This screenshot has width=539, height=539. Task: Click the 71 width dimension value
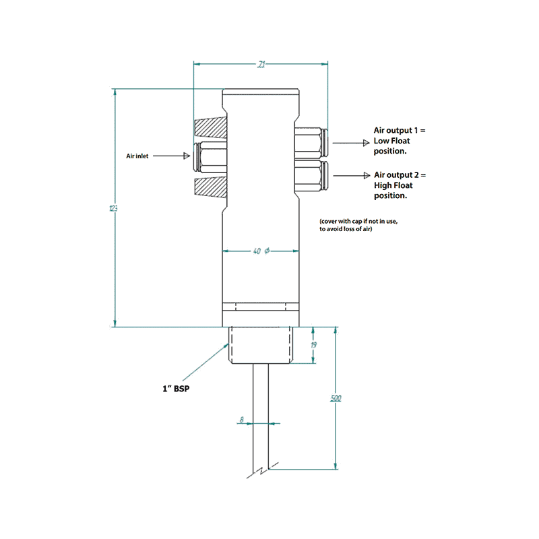pyautogui.click(x=261, y=65)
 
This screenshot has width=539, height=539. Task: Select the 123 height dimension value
pyautogui.click(x=113, y=209)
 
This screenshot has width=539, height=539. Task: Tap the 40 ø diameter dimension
pyautogui.click(x=261, y=251)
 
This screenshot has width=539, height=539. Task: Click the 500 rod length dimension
pyautogui.click(x=335, y=398)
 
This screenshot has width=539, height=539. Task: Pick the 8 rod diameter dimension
pyautogui.click(x=241, y=420)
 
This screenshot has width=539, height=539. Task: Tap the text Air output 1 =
pyautogui.click(x=400, y=129)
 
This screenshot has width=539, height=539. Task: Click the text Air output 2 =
pyautogui.click(x=400, y=175)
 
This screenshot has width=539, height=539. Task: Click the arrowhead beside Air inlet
pyautogui.click(x=188, y=156)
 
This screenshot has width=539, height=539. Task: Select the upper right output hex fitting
pyautogui.click(x=311, y=142)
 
